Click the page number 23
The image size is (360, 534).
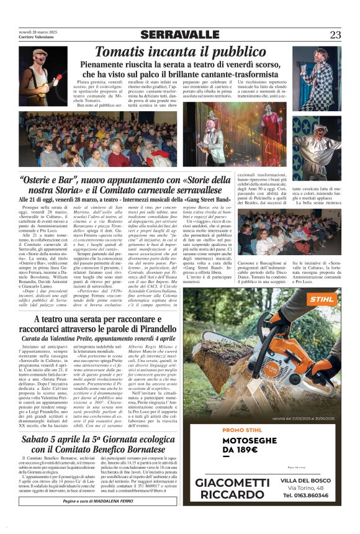tap(335, 34)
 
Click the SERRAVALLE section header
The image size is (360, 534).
tap(180, 34)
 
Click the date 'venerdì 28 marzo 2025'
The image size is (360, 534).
tap(37, 32)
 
